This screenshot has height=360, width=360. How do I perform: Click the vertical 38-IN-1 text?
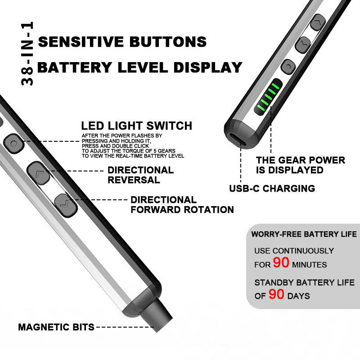(27, 54)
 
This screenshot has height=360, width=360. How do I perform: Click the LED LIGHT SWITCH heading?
(136, 126)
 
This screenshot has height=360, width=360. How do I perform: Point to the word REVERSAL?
(134, 180)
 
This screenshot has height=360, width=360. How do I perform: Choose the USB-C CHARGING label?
(271, 188)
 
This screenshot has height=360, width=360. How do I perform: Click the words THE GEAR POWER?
(300, 160)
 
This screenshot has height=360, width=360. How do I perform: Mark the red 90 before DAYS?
(276, 294)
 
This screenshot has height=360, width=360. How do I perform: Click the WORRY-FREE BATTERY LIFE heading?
(304, 234)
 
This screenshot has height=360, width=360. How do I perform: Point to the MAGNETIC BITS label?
(56, 327)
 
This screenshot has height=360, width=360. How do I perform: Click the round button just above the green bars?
(287, 67)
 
